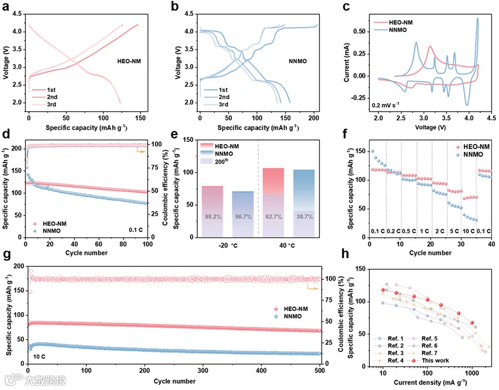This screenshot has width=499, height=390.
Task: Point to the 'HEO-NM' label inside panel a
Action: pos(130,61)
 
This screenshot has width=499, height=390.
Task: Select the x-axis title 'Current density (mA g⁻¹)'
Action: pos(430,383)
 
